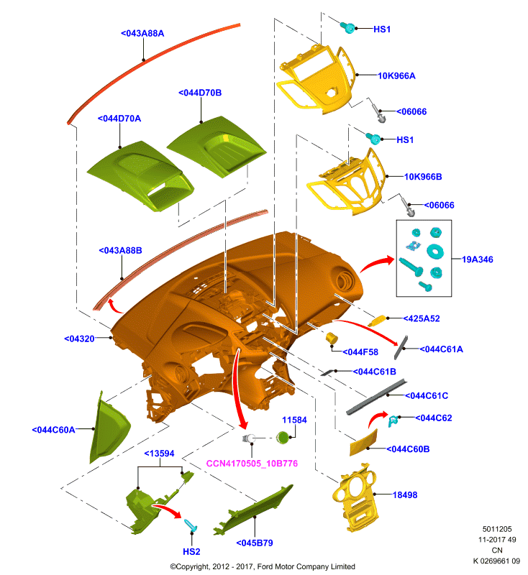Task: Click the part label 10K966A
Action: coord(396,76)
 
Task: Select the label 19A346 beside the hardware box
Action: coord(477,259)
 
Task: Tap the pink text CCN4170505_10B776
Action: coord(252,464)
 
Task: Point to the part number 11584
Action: coord(294,420)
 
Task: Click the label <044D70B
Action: coord(200,93)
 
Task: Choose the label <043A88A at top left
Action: coord(142,33)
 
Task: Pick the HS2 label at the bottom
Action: coord(191,551)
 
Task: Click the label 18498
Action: coord(405,495)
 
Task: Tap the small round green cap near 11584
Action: coord(283,438)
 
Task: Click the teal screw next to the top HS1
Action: coord(347,27)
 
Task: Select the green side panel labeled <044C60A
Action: coord(109,428)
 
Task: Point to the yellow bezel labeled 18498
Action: coord(355,497)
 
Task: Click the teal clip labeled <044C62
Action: coord(393,420)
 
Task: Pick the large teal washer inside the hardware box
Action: coord(435,251)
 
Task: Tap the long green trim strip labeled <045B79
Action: coord(254,510)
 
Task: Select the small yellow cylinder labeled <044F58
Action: coord(332,338)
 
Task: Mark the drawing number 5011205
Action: coord(497,529)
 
